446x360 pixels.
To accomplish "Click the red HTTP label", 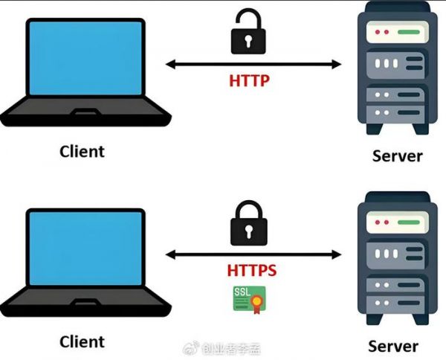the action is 249,80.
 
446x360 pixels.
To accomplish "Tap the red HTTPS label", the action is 252,270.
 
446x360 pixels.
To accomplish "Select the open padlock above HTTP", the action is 248,32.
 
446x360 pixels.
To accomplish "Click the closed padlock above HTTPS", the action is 248,223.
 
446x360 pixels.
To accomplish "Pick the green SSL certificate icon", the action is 250,300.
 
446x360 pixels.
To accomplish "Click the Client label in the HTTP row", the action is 82,152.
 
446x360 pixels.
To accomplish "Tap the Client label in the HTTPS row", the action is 82,341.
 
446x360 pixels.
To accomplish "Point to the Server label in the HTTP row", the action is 398,156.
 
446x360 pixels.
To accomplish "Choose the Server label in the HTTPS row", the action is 393,346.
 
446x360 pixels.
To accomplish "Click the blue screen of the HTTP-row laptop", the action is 85,58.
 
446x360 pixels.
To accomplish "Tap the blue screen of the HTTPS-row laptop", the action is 85,248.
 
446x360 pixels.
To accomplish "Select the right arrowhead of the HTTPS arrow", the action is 336,254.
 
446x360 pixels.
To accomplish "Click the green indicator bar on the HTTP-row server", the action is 409,32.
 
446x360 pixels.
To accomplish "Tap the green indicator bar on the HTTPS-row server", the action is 409,222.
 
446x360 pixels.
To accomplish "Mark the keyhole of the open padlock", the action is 248,41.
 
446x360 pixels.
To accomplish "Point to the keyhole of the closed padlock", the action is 249,231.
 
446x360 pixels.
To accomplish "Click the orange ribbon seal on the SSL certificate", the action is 256,303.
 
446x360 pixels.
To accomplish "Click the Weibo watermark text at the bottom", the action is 222,349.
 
